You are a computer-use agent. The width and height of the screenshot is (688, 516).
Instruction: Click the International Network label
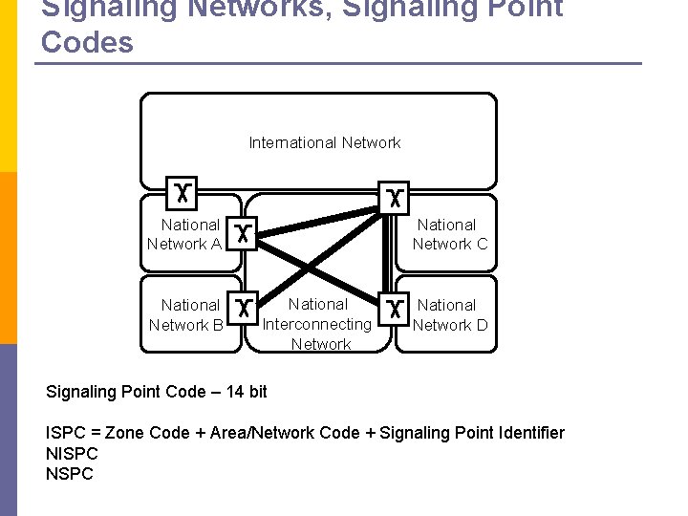325,142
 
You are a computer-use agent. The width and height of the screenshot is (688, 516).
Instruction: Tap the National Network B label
188,314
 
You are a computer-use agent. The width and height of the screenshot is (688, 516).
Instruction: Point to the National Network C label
449,234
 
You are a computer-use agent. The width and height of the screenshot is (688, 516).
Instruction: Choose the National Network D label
449,314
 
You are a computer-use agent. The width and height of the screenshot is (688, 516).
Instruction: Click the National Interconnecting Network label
318,324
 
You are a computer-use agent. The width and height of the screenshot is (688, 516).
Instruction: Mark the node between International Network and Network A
181,193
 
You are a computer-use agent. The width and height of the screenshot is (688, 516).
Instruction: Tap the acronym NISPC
72,454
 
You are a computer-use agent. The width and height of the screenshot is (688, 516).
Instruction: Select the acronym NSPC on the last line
69,474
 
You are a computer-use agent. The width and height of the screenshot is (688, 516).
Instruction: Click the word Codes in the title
88,43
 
